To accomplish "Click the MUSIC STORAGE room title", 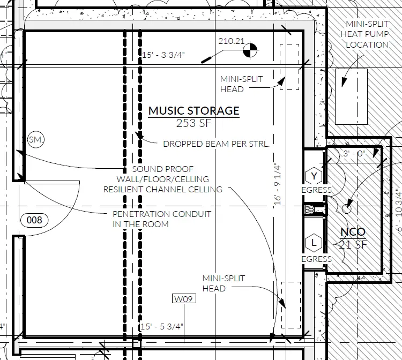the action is (x=194, y=111).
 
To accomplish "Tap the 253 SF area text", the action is (x=193, y=123).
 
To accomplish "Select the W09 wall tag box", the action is (x=184, y=299).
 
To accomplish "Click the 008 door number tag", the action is (x=34, y=220).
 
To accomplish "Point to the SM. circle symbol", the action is (x=36, y=140).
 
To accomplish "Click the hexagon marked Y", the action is (x=314, y=176).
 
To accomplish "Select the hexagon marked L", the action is (x=314, y=243).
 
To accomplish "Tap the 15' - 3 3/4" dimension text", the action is (x=163, y=55).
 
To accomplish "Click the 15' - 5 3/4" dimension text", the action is (x=162, y=326).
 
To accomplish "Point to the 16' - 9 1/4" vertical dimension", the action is (x=278, y=184).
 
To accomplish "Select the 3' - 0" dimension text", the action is (x=354, y=153).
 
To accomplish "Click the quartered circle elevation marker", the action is (x=250, y=50).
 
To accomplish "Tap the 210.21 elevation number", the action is (x=231, y=41).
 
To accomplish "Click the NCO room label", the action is (x=353, y=232).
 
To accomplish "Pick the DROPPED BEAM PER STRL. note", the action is (x=217, y=144).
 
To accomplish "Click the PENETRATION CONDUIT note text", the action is (x=162, y=219).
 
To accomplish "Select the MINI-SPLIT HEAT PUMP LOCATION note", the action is (x=365, y=34).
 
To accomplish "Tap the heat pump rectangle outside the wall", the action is (x=351, y=96).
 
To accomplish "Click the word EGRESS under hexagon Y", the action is (x=316, y=190).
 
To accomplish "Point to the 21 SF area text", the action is (x=353, y=245).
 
